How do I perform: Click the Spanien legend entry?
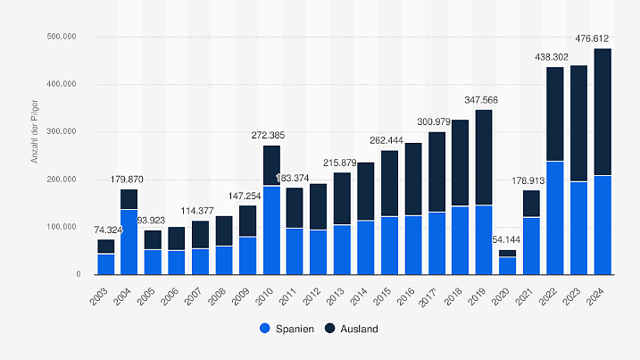pos(287,329)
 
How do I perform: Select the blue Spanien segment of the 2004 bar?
pos(129,241)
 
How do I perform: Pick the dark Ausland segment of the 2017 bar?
pos(436,172)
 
